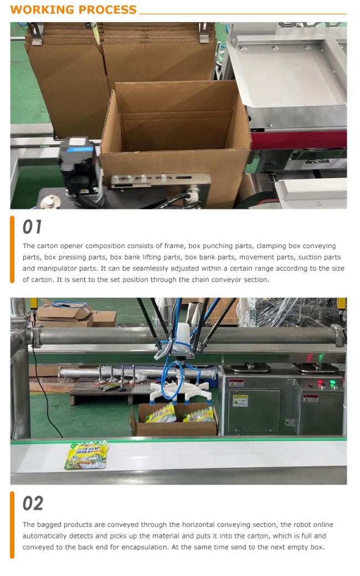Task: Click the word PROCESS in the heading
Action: click(106, 9)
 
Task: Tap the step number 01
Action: click(32, 227)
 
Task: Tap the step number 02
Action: click(33, 503)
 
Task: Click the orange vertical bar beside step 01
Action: click(12, 249)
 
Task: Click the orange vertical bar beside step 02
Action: click(12, 525)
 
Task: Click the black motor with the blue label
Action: click(79, 167)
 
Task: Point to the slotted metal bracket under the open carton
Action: click(161, 181)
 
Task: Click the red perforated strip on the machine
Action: click(299, 140)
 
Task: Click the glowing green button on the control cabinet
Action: click(333, 383)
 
